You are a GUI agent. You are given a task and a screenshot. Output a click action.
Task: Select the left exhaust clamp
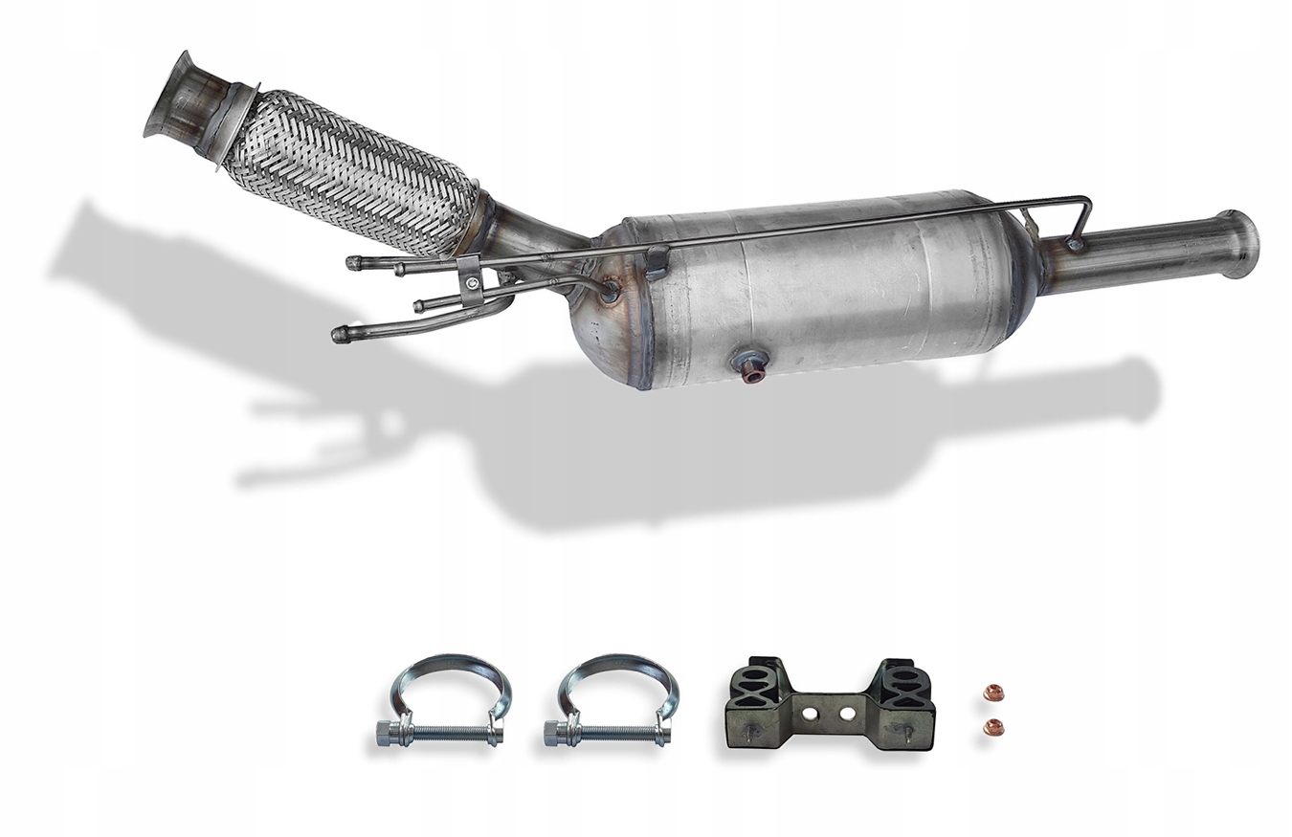tap(446, 702)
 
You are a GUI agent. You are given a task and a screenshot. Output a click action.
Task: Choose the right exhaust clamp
tap(613, 702)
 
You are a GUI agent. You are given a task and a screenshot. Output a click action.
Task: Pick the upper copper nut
tap(993, 689)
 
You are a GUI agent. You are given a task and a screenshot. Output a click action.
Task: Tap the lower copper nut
tap(993, 726)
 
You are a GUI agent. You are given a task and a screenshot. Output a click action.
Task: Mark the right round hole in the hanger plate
tap(847, 713)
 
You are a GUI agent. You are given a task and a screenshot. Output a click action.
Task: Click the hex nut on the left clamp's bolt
tap(387, 734)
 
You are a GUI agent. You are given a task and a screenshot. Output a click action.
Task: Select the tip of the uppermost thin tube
tap(354, 262)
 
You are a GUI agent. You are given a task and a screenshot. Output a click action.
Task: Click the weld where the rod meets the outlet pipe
tap(1076, 245)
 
